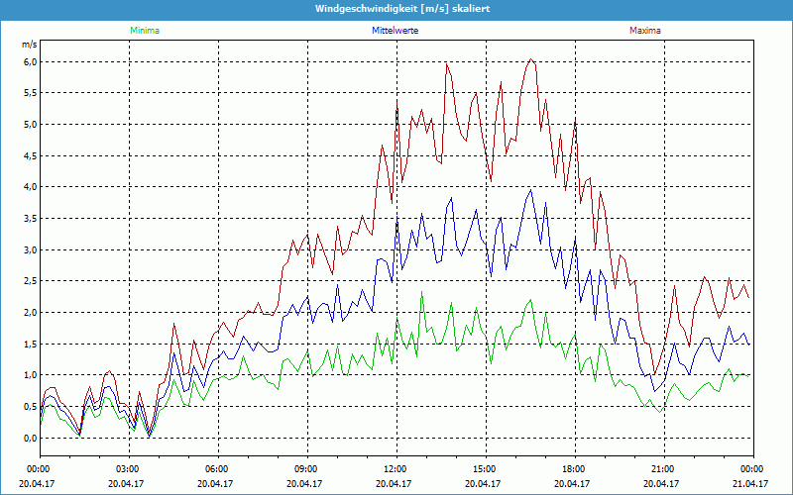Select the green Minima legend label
[144, 31]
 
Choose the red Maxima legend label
[644, 31]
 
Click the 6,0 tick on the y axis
[30, 61]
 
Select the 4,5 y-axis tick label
[30, 155]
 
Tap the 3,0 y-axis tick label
[30, 249]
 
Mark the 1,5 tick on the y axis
[30, 344]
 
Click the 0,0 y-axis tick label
[30, 438]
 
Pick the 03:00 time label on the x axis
[128, 469]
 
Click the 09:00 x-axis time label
[306, 469]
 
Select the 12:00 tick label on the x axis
[396, 469]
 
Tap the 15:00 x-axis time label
[485, 469]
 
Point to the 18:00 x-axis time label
[574, 469]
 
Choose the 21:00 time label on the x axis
[663, 469]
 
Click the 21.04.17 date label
[750, 484]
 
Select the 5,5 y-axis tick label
[30, 93]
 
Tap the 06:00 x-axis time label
[217, 469]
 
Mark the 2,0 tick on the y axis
[30, 313]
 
